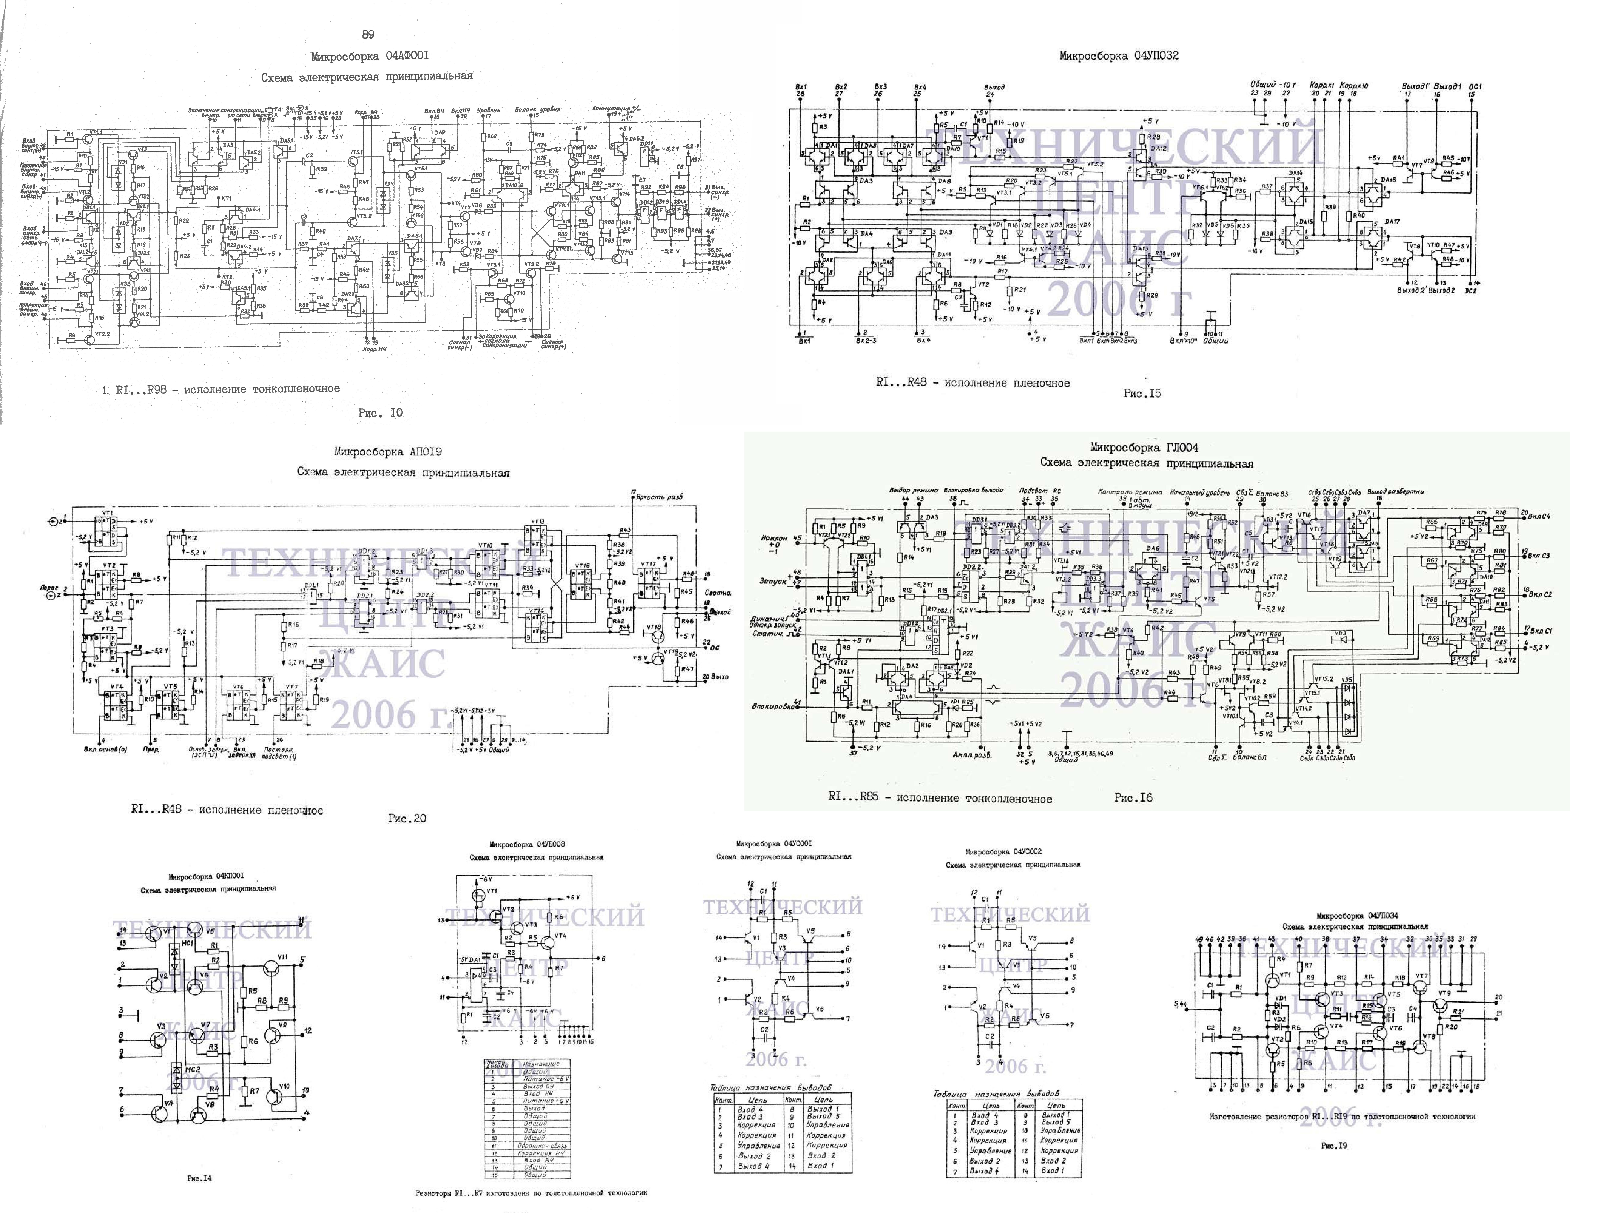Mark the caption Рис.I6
1133,797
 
